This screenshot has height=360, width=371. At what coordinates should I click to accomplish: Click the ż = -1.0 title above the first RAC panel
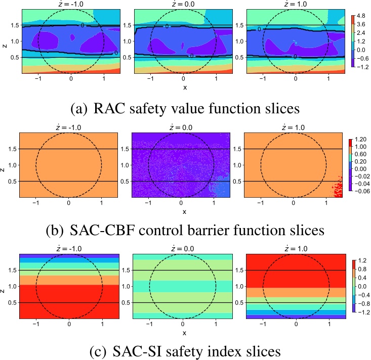pos(70,4)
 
